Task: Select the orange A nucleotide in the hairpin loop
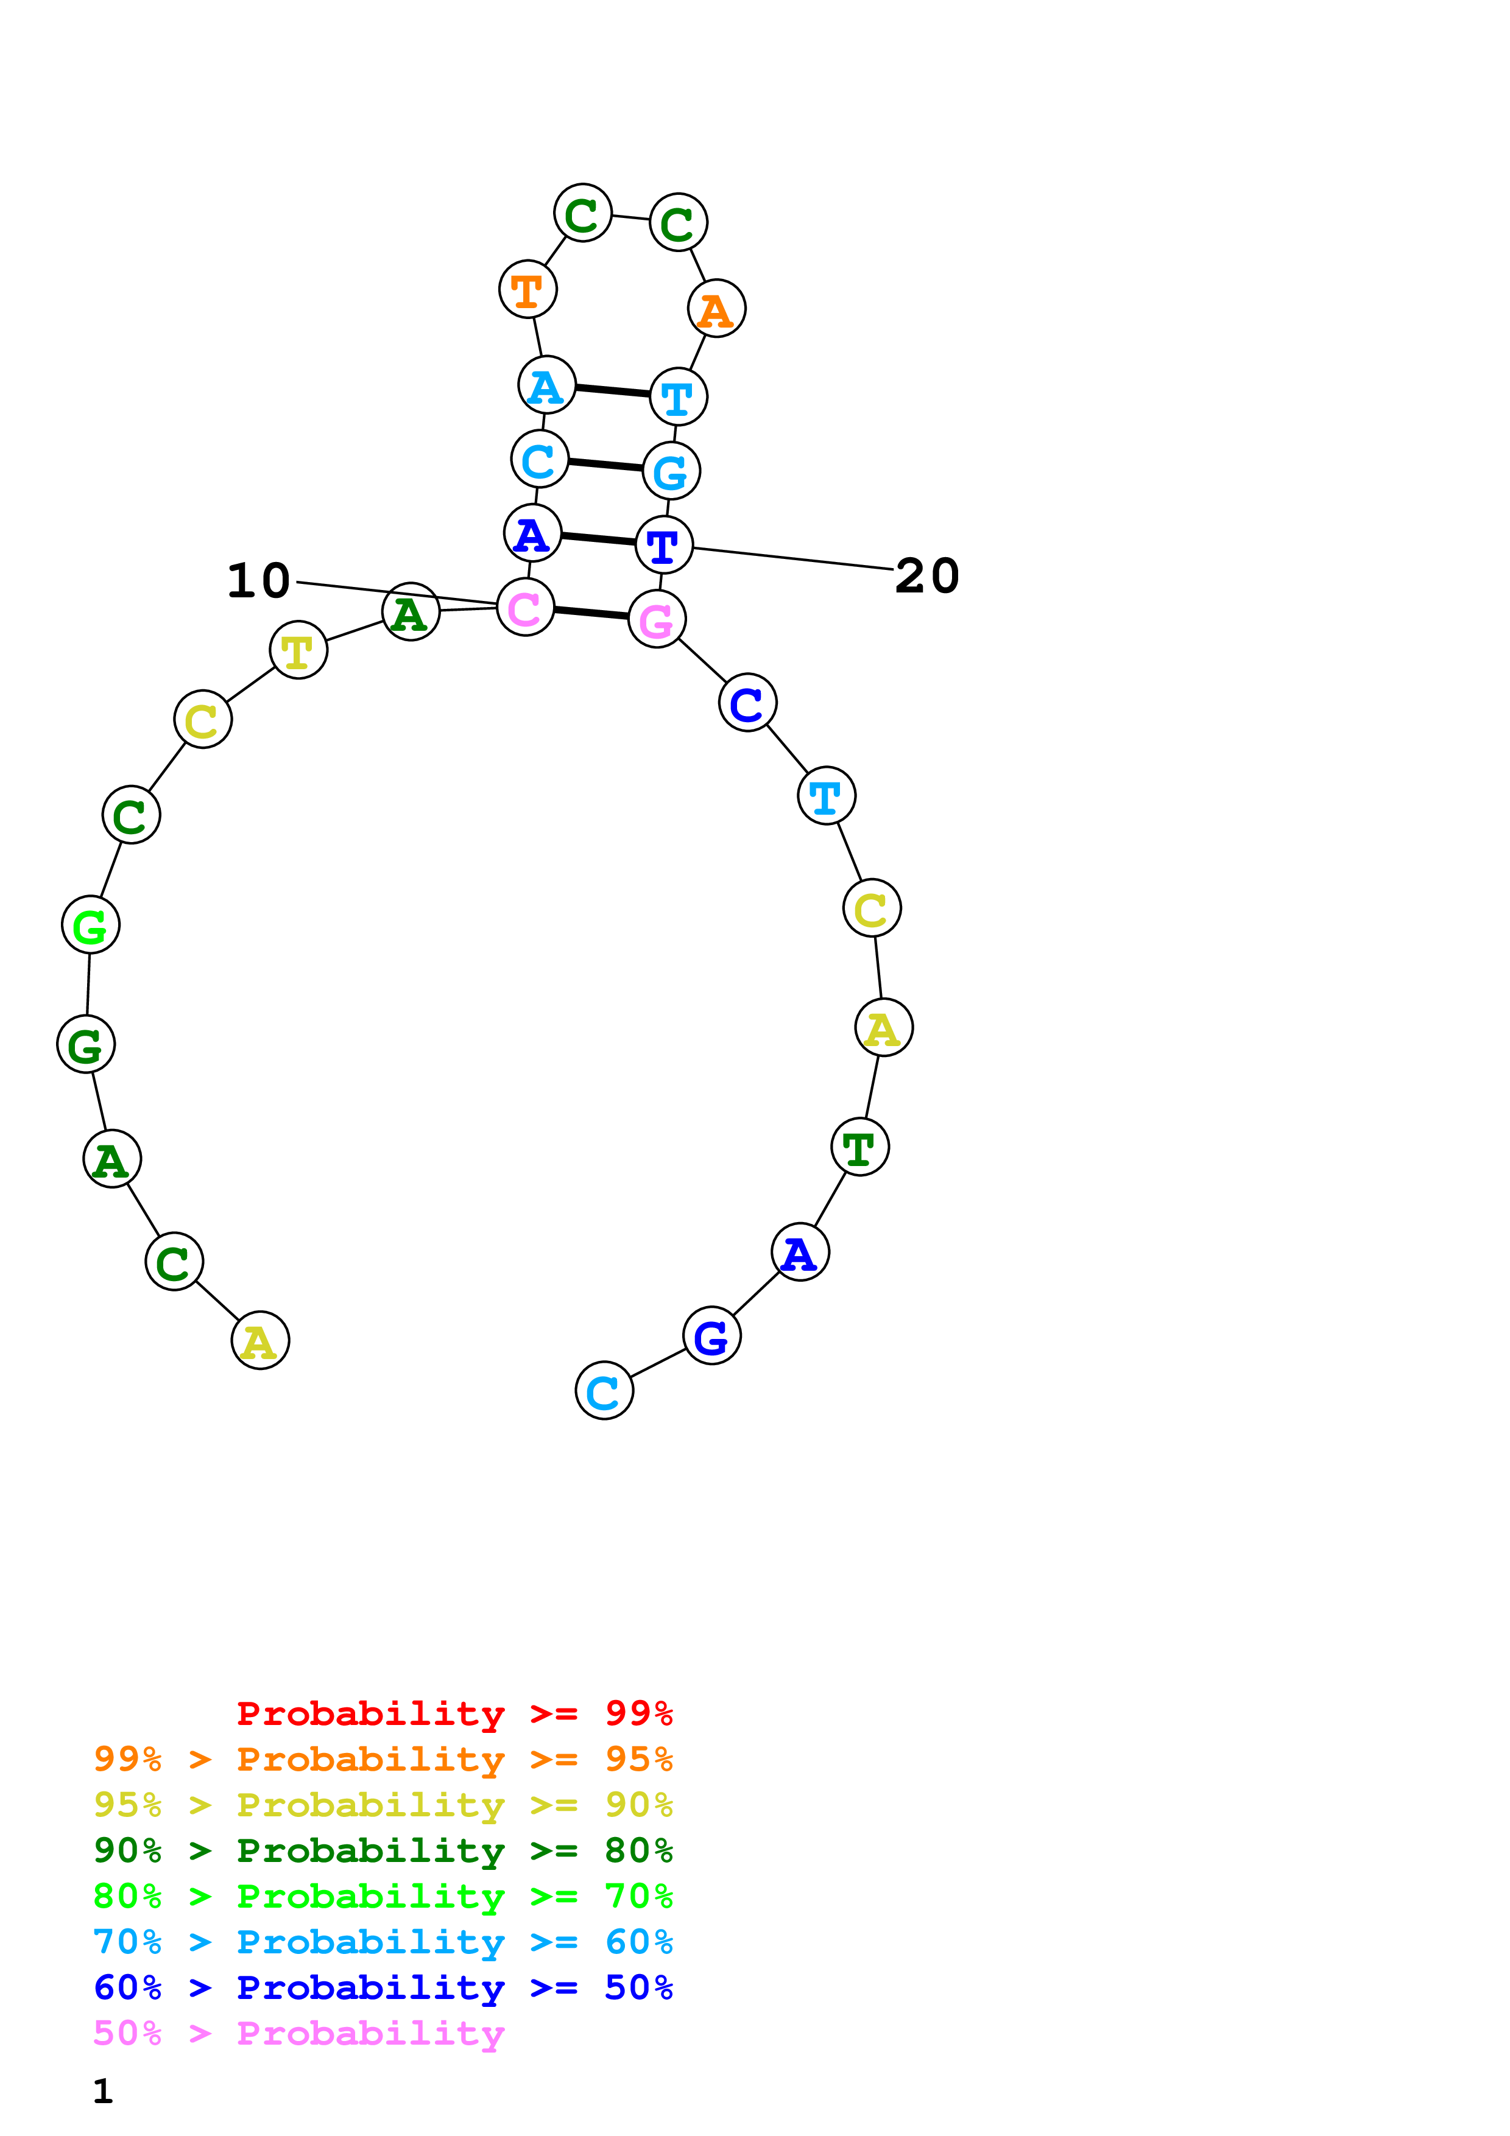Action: [x=716, y=309]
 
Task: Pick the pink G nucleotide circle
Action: [x=657, y=620]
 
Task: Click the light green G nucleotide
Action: [x=90, y=925]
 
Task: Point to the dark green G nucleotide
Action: [x=86, y=1045]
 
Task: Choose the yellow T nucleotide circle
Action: [x=298, y=650]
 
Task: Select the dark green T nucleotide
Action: [x=859, y=1147]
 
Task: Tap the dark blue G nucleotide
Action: [x=711, y=1336]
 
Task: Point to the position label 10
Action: [x=259, y=580]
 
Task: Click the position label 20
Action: [x=926, y=576]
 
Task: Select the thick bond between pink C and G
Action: [x=591, y=613]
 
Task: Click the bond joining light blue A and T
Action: [x=612, y=391]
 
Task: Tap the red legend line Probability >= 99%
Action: [x=454, y=1713]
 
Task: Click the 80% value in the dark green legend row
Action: [x=638, y=1850]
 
